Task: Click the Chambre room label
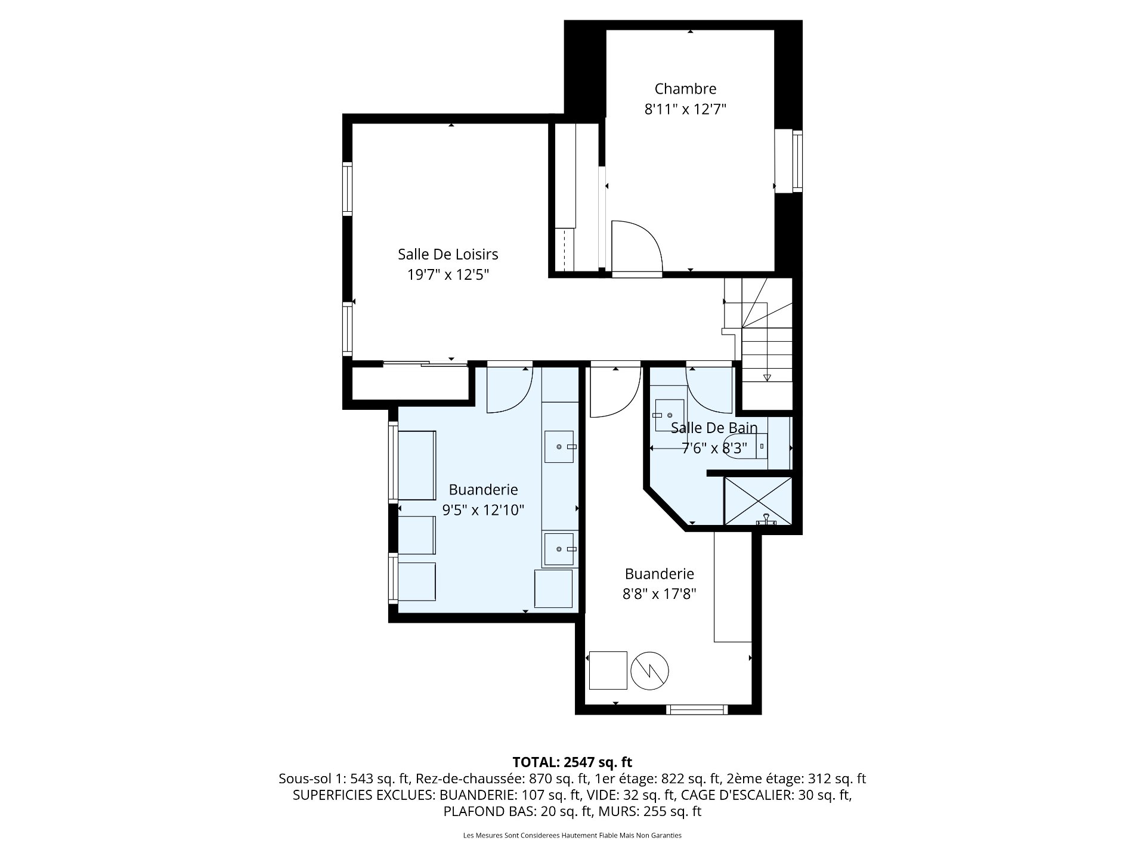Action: click(685, 89)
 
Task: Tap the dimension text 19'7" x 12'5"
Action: click(447, 275)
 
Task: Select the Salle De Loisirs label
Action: click(447, 254)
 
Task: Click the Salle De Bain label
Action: click(714, 427)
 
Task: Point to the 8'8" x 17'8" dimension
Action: click(659, 594)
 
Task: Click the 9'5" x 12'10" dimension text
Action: click(482, 510)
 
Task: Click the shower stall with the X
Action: click(757, 500)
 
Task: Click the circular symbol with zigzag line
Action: click(650, 670)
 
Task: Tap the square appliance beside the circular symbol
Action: click(608, 670)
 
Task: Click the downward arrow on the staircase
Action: click(767, 377)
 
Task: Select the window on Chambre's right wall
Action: click(797, 161)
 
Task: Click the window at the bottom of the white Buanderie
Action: click(697, 709)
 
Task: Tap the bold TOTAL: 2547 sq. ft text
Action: click(572, 762)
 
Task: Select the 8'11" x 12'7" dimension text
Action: click(685, 110)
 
